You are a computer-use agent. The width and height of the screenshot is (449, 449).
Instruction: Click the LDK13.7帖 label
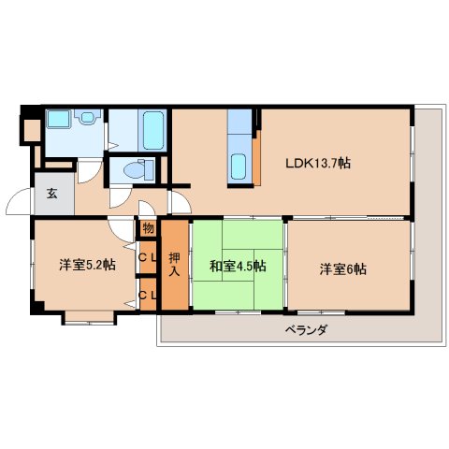tap(318, 163)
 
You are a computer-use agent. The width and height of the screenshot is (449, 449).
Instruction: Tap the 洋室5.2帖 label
tap(88, 265)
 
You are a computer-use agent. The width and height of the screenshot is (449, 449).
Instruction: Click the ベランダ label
tap(306, 331)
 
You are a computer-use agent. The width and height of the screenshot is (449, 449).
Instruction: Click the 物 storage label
tap(148, 227)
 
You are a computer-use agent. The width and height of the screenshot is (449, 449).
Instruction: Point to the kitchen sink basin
tap(239, 166)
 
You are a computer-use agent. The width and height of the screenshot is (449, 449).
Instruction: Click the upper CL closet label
tap(148, 257)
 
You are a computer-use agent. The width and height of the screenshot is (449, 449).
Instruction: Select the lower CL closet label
tap(148, 296)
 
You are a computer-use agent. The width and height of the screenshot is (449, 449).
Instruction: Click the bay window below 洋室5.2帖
tap(89, 316)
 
